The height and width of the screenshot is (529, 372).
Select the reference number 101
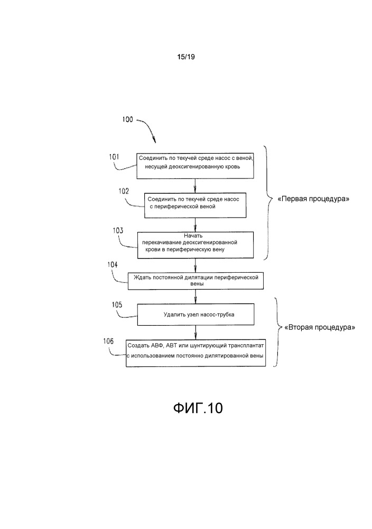[115, 157]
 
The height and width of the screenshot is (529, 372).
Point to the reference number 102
[124, 192]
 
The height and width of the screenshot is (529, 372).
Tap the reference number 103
[118, 231]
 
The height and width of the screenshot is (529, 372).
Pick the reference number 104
[113, 265]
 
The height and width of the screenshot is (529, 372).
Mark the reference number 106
[108, 342]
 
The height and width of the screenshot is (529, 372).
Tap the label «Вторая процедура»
[320, 327]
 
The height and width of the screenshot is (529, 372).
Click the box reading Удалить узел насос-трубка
[196, 314]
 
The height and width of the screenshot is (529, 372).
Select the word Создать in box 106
[138, 346]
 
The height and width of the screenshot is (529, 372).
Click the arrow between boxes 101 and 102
[196, 185]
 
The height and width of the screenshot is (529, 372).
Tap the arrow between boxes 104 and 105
[196, 296]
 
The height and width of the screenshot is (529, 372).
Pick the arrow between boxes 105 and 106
[196, 332]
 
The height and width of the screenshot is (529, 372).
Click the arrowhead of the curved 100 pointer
[155, 141]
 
